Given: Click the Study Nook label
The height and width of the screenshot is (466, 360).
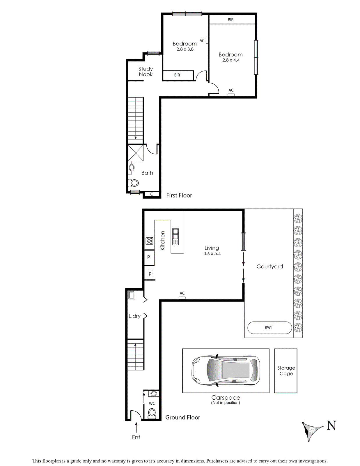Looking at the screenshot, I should click(146, 71).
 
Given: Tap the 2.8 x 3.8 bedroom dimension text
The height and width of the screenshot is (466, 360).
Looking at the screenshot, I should click(185, 49).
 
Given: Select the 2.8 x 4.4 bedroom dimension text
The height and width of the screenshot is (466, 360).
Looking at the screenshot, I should click(231, 60).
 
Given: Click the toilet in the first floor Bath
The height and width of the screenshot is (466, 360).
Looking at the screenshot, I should click(134, 183).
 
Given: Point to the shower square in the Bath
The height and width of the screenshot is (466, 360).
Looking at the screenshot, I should click(136, 153).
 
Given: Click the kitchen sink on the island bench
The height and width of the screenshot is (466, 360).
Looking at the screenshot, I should click(175, 236).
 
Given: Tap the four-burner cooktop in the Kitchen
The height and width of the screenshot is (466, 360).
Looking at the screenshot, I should click(149, 241).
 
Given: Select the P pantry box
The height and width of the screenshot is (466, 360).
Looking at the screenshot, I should click(149, 257).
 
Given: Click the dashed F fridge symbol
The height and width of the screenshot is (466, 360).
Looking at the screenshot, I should click(150, 274).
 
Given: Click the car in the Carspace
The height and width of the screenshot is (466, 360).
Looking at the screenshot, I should click(226, 370).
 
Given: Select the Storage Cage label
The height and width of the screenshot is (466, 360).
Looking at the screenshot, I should click(286, 370).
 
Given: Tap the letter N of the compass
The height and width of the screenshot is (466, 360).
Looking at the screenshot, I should click(331, 426).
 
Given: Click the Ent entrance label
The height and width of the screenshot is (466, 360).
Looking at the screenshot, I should click(136, 437).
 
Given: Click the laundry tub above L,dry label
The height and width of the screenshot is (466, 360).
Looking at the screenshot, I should click(132, 295).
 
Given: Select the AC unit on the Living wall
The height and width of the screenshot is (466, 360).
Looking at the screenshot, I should click(182, 298).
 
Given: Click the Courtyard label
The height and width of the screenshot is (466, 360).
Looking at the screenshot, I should click(269, 266).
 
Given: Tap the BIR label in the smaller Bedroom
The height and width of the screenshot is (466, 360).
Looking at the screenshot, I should click(177, 75).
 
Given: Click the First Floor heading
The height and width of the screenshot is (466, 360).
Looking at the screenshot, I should click(179, 195).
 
